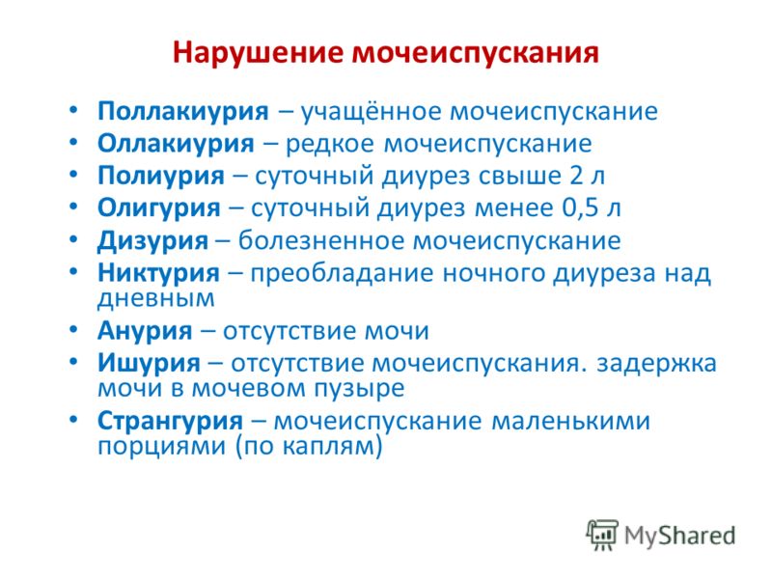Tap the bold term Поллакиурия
pos(183,112)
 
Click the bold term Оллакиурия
pos(176,144)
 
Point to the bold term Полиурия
pos(161,176)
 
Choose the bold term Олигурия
pos(158,208)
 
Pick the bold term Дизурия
pos(152,241)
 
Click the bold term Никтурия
pos(158,273)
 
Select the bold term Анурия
pos(145,331)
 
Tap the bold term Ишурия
pos(149,364)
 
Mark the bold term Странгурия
pos(171,422)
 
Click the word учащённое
pos(372,112)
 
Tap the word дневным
pos(156,299)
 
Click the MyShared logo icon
pos(601,536)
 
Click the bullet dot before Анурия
pos(73,329)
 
